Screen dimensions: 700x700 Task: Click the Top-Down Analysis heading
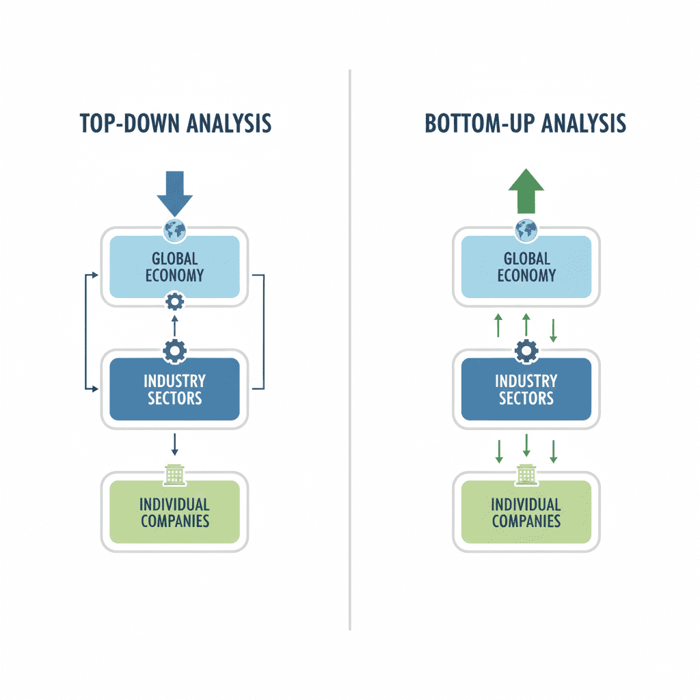click(x=175, y=123)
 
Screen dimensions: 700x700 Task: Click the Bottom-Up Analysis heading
click(x=525, y=123)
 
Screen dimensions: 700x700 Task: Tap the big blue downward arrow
click(x=175, y=193)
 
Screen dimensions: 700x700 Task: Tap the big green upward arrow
click(x=526, y=192)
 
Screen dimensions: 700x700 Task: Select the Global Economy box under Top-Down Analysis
click(x=175, y=267)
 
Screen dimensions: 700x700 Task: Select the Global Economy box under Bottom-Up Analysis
click(x=526, y=267)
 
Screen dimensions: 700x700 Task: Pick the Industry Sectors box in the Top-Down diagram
click(x=175, y=389)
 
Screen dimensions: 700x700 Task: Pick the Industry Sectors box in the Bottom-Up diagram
click(x=526, y=389)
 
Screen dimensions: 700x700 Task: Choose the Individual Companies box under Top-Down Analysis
click(x=175, y=512)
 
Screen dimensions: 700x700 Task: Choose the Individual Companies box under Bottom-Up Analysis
click(x=526, y=512)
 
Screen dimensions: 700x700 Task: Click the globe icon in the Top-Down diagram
click(x=175, y=230)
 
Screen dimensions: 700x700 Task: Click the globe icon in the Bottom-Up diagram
click(x=526, y=230)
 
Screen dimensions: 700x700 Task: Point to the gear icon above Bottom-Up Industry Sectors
click(x=526, y=351)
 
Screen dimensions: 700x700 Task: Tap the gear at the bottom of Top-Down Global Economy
click(x=175, y=301)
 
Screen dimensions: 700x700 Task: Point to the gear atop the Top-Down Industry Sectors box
click(x=175, y=351)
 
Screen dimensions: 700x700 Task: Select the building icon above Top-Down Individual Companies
click(x=175, y=474)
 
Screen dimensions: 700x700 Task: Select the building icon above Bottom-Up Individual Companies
click(x=526, y=474)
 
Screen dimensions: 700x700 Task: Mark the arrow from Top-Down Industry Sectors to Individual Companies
click(x=175, y=444)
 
